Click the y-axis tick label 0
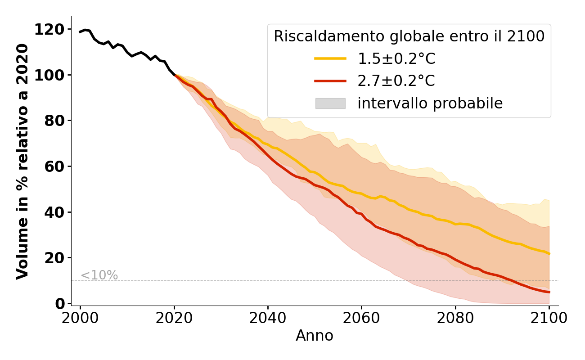(x=59, y=304)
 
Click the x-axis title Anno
(x=315, y=336)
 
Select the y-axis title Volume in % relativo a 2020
(x=22, y=161)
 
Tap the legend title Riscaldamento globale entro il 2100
(x=409, y=36)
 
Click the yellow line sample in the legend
(x=330, y=58)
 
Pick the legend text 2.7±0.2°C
(x=396, y=81)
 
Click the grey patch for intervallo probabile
(x=330, y=103)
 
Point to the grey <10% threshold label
(x=99, y=275)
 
